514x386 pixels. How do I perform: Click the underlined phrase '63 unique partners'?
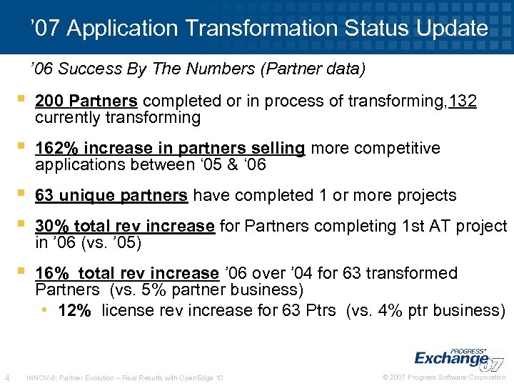click(111, 195)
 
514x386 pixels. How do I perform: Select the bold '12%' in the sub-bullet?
click(74, 310)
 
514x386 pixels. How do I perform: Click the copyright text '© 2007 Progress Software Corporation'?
click(443, 377)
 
